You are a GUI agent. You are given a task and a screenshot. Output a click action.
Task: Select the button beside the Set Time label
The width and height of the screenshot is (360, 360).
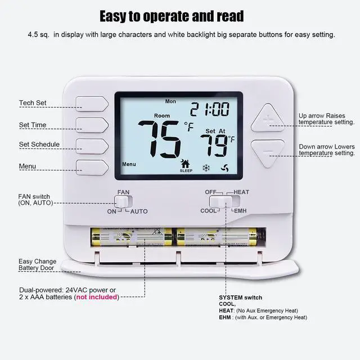pyautogui.click(x=92, y=124)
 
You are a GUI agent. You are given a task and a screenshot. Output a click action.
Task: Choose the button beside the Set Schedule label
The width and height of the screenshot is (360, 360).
pyautogui.click(x=92, y=145)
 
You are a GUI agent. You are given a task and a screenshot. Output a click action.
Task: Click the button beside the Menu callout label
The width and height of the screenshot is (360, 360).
pyautogui.click(x=92, y=166)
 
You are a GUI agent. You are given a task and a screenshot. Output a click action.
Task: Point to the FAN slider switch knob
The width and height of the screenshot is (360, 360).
pyautogui.click(x=122, y=200)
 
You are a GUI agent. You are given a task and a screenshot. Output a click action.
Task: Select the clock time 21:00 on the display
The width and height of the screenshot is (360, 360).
pyautogui.click(x=209, y=109)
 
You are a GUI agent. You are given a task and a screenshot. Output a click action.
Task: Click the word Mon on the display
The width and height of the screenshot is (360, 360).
pyautogui.click(x=170, y=102)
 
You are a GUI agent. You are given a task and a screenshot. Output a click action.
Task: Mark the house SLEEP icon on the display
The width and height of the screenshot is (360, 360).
pyautogui.click(x=185, y=165)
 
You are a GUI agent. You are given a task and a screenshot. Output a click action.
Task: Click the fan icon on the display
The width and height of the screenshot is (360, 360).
pyautogui.click(x=225, y=167)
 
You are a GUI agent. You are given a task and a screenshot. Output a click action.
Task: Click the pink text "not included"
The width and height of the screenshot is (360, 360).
pyautogui.click(x=97, y=297)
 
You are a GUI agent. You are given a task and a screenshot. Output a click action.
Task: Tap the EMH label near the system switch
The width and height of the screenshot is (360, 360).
pyautogui.click(x=240, y=210)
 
